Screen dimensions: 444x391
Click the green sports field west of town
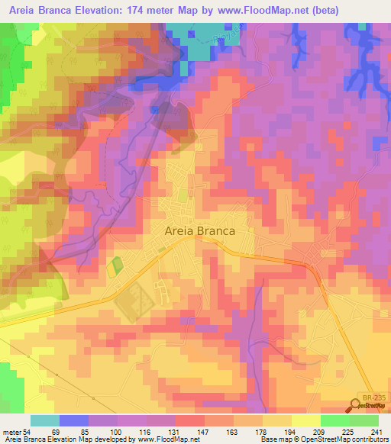coord(116,267)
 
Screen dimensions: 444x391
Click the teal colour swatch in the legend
coord(44,420)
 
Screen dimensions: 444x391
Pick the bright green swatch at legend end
coord(364,420)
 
